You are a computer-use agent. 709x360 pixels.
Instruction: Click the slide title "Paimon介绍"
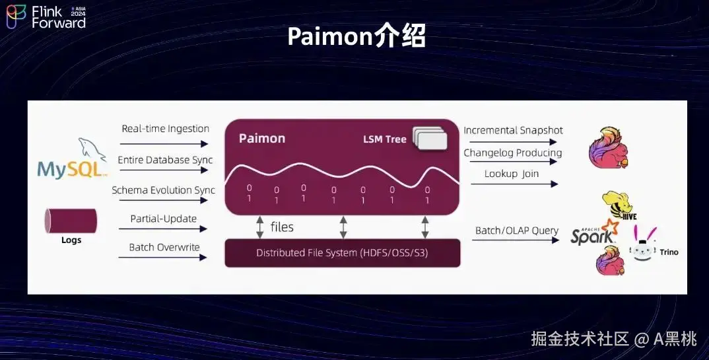pos(356,36)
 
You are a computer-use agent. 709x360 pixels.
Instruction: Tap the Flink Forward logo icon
pos(16,17)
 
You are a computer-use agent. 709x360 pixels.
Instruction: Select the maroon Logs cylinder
pos(71,220)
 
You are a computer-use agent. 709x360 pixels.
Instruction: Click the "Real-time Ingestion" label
pos(165,129)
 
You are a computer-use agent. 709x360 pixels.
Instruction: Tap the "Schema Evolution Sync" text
pos(163,190)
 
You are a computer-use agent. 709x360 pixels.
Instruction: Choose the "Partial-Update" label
pos(163,219)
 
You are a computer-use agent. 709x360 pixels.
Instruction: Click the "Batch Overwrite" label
pos(164,247)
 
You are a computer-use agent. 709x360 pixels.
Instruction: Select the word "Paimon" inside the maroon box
pos(261,138)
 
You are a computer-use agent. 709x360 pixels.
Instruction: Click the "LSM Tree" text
pos(384,139)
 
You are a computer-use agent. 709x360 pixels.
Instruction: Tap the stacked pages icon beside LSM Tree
pos(430,138)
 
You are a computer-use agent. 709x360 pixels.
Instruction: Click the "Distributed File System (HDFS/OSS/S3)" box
pos(343,253)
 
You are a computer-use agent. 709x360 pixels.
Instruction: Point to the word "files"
pos(282,227)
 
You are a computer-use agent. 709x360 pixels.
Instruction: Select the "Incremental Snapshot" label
pos(513,130)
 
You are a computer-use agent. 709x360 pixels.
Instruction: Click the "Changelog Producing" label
pos(512,153)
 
